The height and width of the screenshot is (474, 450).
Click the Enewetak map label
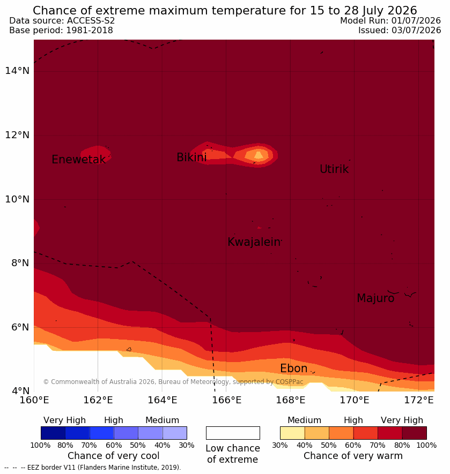click(x=79, y=159)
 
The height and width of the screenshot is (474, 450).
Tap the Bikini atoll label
click(x=191, y=157)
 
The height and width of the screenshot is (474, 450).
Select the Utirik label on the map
click(x=334, y=169)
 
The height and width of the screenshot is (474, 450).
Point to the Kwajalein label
click(x=254, y=242)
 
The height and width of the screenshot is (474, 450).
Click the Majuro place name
click(x=375, y=298)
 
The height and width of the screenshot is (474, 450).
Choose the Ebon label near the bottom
click(x=293, y=368)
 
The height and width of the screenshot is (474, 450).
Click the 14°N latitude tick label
click(x=17, y=71)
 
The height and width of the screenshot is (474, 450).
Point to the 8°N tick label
click(x=20, y=263)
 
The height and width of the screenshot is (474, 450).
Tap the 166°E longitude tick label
click(x=226, y=400)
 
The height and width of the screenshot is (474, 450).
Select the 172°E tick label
click(x=419, y=400)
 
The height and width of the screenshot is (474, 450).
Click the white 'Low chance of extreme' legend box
click(x=233, y=433)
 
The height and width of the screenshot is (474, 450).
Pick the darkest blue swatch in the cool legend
click(x=53, y=433)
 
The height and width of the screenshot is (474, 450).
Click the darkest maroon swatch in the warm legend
click(x=414, y=433)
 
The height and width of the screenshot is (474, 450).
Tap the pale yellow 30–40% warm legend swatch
click(x=292, y=433)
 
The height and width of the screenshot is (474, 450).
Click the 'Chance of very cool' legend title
click(x=113, y=456)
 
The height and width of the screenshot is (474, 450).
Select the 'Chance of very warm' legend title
click(x=353, y=456)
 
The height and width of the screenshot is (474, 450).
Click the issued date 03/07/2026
click(x=416, y=30)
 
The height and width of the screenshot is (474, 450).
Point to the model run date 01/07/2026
click(x=416, y=20)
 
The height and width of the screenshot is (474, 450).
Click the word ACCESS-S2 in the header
click(x=91, y=20)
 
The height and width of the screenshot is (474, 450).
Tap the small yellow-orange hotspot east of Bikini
click(x=257, y=155)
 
